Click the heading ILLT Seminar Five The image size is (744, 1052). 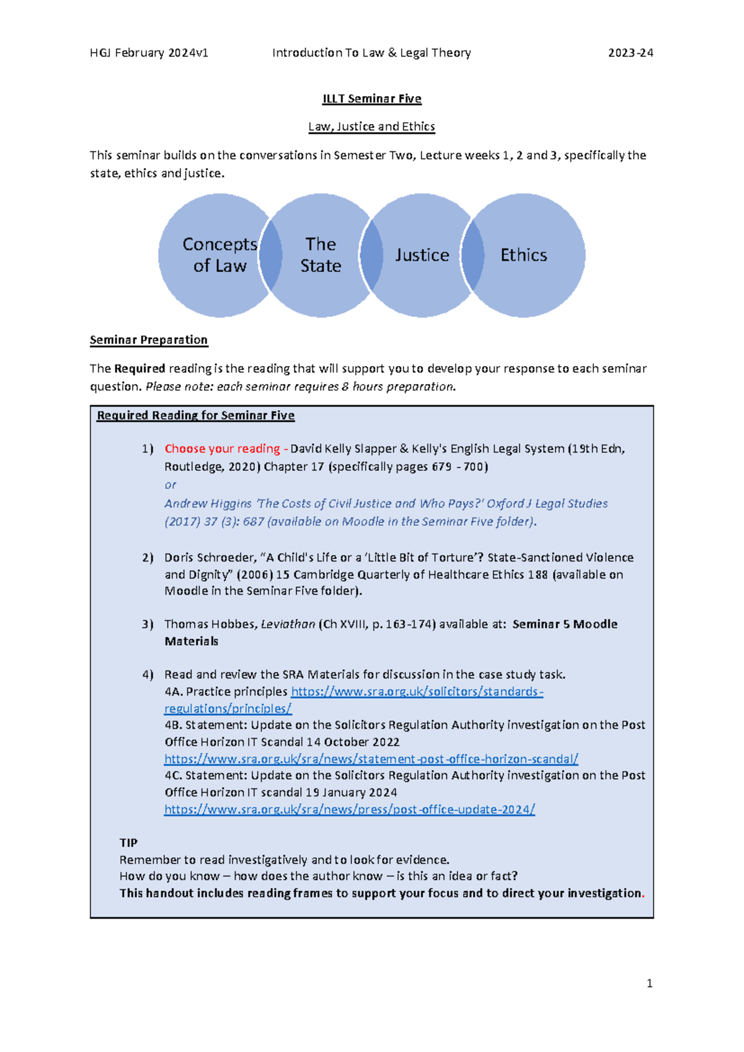click(x=371, y=99)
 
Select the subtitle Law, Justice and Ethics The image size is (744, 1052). click(x=371, y=127)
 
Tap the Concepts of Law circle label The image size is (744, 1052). click(x=219, y=255)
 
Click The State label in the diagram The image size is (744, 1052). click(x=321, y=255)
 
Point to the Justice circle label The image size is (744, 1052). click(x=422, y=255)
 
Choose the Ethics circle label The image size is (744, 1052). click(x=523, y=255)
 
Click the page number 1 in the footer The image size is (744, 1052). click(x=649, y=983)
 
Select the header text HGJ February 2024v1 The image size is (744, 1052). click(x=149, y=53)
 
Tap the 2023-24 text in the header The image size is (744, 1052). click(x=630, y=53)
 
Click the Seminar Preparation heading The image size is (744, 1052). click(x=149, y=340)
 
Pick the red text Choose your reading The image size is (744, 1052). click(x=222, y=448)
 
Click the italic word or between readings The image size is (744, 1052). click(x=170, y=484)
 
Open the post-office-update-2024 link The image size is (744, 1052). click(x=349, y=809)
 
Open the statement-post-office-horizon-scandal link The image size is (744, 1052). click(x=371, y=759)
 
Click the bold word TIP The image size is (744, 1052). click(x=128, y=842)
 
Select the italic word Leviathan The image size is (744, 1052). click(x=288, y=624)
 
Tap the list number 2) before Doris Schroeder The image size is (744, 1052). click(x=148, y=558)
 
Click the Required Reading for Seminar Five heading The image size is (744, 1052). click(x=195, y=416)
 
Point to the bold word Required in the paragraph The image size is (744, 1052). click(x=139, y=368)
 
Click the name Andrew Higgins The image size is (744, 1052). click(x=208, y=504)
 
